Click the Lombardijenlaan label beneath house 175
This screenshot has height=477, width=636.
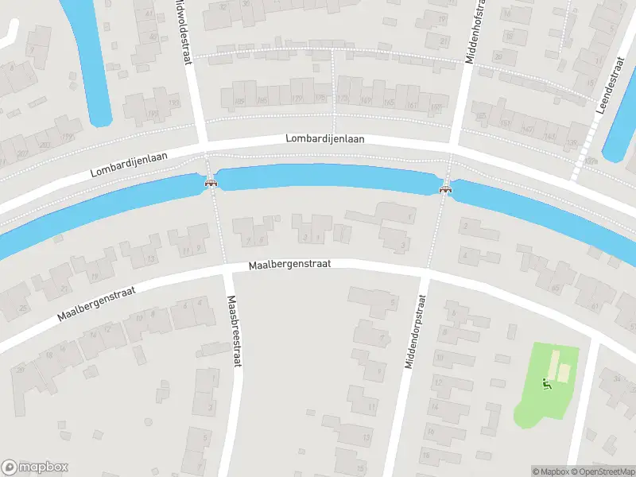pos(325,138)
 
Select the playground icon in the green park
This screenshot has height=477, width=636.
pos(546,385)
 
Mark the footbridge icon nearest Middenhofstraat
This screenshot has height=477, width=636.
pos(445,188)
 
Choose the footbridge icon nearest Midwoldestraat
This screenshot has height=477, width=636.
pos(211,183)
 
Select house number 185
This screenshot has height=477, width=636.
pos(239,101)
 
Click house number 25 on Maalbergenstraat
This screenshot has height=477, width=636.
pos(23,308)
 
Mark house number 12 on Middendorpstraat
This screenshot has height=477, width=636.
pos(438,382)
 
